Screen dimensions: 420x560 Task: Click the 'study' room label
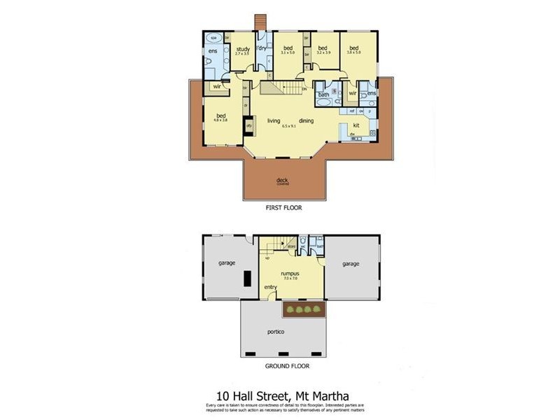point(242,49)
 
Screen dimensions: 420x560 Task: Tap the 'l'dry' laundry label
point(261,48)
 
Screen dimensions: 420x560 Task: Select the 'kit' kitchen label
point(356,125)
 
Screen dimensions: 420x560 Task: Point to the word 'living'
point(274,120)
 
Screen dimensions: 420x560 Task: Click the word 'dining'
point(307,120)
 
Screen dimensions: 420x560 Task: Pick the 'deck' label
point(282,180)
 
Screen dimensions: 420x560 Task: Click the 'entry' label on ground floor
point(271,287)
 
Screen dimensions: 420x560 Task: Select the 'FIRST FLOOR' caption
point(283,208)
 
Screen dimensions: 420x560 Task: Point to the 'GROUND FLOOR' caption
point(286,365)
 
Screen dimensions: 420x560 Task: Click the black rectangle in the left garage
point(247,278)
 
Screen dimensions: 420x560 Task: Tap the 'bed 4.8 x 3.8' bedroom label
point(221,116)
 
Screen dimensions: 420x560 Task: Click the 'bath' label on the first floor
point(323,94)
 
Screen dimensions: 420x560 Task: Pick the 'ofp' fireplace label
point(248,127)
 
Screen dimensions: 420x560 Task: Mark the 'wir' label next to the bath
point(353,92)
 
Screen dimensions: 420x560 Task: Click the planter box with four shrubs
point(304,309)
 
